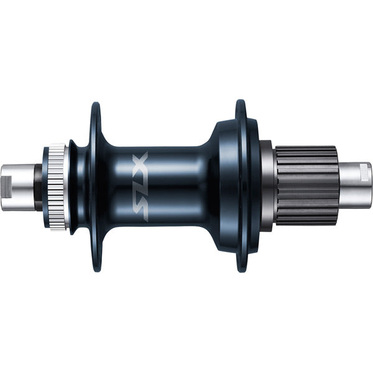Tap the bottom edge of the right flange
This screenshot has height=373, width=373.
point(241,271)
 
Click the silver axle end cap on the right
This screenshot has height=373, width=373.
point(354,185)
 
